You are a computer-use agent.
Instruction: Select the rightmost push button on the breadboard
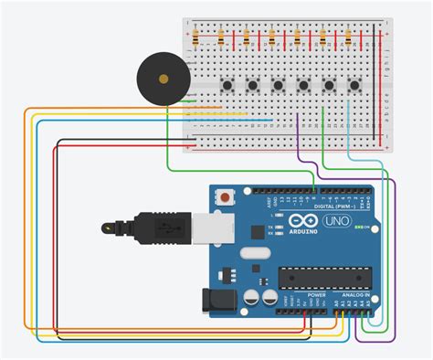[x=354, y=86]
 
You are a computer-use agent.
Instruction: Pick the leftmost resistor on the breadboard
[x=196, y=37]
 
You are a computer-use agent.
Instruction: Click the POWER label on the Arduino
[x=316, y=296]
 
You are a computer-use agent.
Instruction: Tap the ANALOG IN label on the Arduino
[x=354, y=296]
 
